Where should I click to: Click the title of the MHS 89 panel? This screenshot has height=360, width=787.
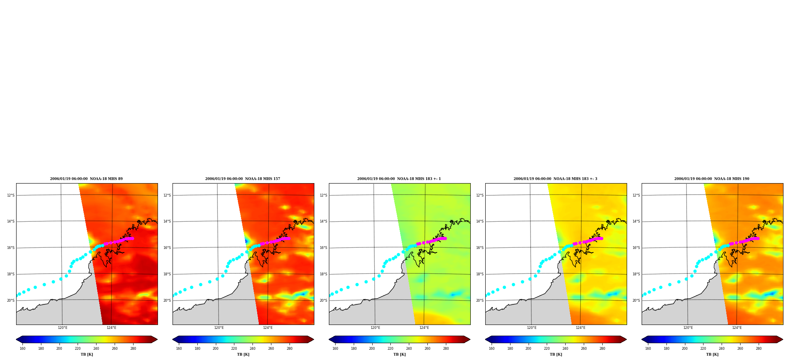pyautogui.click(x=86, y=179)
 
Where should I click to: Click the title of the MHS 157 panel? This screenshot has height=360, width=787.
pyautogui.click(x=243, y=179)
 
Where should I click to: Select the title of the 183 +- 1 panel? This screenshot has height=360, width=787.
pyautogui.click(x=399, y=179)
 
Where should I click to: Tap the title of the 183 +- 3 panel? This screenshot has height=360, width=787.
pyautogui.click(x=555, y=179)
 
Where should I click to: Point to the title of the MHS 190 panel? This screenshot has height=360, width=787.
pyautogui.click(x=712, y=179)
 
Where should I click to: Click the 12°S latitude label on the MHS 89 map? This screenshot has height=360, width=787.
pyautogui.click(x=11, y=195)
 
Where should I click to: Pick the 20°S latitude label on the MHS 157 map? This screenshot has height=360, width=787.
pyautogui.click(x=167, y=301)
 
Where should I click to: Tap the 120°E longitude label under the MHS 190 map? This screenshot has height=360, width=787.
pyautogui.click(x=688, y=328)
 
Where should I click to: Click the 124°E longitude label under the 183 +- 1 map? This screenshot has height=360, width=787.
pyautogui.click(x=424, y=328)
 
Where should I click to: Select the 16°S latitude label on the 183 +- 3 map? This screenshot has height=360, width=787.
pyautogui.click(x=480, y=248)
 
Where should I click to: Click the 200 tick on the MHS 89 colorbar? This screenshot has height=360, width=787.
pyautogui.click(x=59, y=348)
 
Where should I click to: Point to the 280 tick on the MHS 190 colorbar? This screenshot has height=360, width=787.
pyautogui.click(x=759, y=348)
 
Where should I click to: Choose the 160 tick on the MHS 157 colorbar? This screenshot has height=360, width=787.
pyautogui.click(x=179, y=348)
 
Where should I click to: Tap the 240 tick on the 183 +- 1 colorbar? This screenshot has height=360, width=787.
pyautogui.click(x=409, y=348)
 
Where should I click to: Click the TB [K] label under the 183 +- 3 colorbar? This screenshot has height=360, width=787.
pyautogui.click(x=556, y=354)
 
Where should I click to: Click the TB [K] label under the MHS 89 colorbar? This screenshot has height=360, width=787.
pyautogui.click(x=87, y=354)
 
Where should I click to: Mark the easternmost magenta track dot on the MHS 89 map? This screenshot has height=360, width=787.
pyautogui.click(x=132, y=238)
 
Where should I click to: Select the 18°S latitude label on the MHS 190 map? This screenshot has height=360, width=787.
pyautogui.click(x=636, y=274)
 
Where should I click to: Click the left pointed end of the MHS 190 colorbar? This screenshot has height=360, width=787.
pyautogui.click(x=642, y=340)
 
